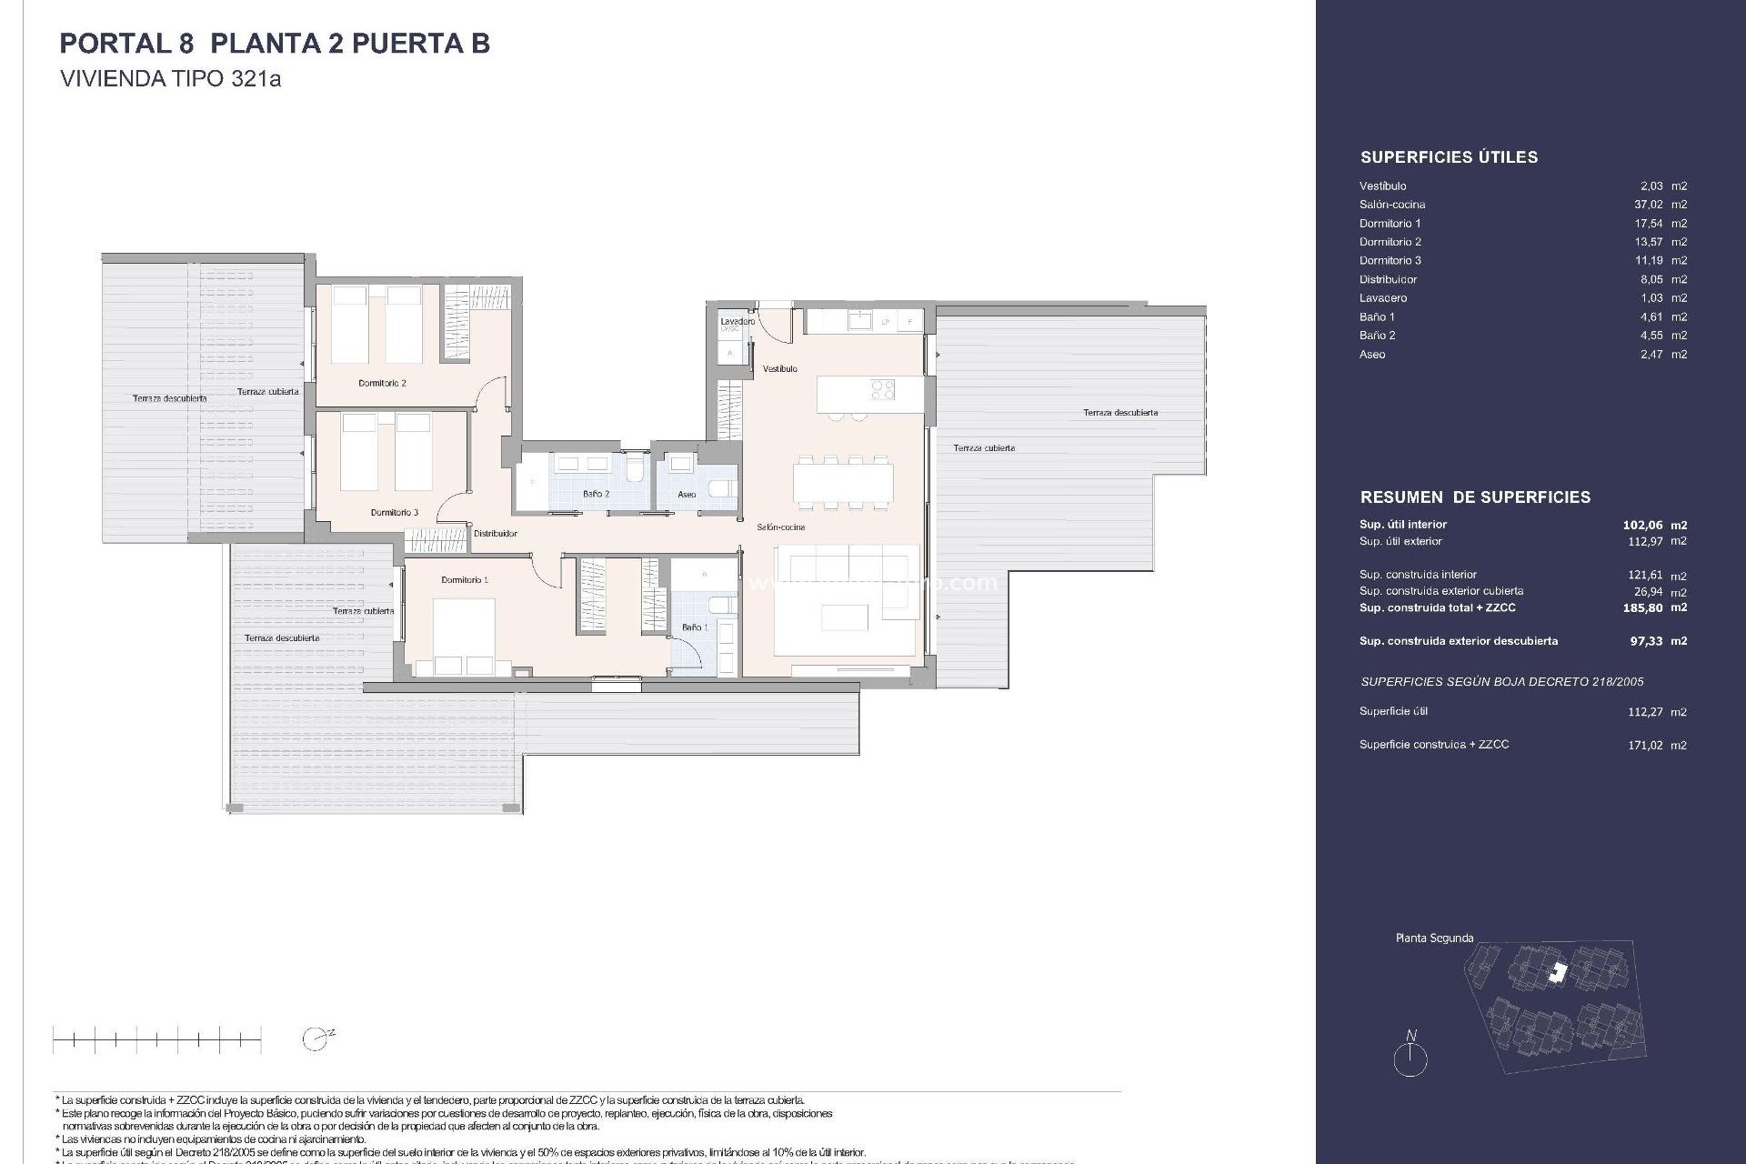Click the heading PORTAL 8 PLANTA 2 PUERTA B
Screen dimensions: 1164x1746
[x=275, y=44]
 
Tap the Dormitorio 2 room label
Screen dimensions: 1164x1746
[x=382, y=384]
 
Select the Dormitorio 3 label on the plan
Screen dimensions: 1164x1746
[x=394, y=513]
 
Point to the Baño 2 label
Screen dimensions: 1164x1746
[x=596, y=494]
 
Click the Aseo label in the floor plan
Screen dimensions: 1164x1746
[x=687, y=495]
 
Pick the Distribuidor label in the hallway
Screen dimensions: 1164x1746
[x=495, y=534]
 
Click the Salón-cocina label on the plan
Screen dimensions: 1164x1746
[x=780, y=527]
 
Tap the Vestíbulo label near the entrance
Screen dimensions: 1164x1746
[x=779, y=369]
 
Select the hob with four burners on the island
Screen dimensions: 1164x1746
[x=882, y=390]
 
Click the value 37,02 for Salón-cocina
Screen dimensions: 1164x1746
[x=1648, y=205]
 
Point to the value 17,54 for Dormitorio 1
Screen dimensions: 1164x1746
[x=1648, y=224]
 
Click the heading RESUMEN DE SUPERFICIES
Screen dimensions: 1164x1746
[x=1475, y=497]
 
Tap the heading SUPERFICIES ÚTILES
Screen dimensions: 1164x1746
[x=1449, y=157]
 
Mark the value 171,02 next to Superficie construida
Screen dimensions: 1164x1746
[x=1644, y=745]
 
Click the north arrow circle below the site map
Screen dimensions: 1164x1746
[x=1410, y=1059]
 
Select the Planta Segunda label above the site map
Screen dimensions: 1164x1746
[x=1434, y=938]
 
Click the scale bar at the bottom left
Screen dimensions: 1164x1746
[x=156, y=1039]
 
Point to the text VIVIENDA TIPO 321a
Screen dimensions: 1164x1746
[x=170, y=79]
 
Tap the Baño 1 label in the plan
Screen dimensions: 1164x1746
[x=694, y=627]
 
